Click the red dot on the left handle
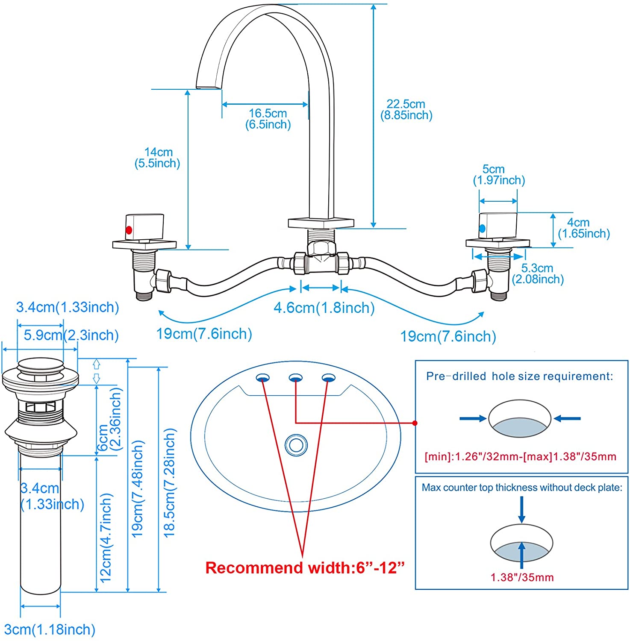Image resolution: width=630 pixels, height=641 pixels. [129, 230]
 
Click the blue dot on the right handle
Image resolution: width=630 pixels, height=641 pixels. [483, 229]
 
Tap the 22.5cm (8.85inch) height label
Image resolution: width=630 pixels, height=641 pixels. [406, 109]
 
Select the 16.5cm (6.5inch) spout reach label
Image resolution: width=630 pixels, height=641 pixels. [268, 119]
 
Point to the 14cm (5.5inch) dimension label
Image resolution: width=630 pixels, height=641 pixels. [157, 158]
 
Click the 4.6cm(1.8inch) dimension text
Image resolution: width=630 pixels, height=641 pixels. [324, 308]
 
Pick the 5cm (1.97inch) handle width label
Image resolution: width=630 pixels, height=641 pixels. [498, 175]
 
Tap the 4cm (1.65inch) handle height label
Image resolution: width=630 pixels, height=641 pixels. [583, 228]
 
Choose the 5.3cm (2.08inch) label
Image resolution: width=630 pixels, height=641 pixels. [538, 273]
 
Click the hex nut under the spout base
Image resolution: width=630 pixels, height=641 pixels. [321, 248]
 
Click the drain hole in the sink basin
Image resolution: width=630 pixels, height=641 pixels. [296, 445]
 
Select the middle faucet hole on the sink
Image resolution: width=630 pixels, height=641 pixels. [296, 378]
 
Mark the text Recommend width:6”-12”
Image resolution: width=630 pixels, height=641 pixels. [305, 568]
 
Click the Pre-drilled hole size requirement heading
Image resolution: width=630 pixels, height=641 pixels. [519, 376]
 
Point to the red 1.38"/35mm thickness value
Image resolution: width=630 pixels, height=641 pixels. [522, 578]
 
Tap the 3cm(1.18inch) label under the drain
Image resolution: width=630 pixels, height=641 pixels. [50, 629]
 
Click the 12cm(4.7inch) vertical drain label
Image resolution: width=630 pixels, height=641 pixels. [106, 537]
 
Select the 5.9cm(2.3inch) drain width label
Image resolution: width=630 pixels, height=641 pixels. [71, 335]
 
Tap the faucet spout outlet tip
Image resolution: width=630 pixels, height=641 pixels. [209, 88]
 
